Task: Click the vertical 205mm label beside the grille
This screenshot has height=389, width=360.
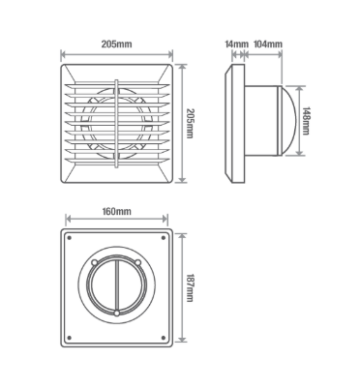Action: pos(191,122)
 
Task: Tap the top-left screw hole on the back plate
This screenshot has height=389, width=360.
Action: pos(69,237)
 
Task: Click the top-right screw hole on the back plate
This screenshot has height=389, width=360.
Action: pos(165,237)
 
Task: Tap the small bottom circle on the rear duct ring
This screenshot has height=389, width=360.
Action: pos(117,314)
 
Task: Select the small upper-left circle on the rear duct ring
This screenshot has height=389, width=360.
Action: pos(95,261)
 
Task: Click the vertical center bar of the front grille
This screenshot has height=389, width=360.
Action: pos(117,121)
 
